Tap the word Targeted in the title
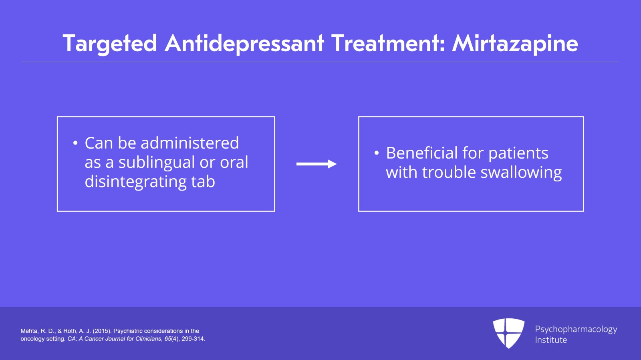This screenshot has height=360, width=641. tap(109, 43)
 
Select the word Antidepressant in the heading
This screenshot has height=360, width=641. tap(244, 43)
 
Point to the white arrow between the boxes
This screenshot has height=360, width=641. tap(316, 164)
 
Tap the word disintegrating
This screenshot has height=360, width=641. tap(135, 182)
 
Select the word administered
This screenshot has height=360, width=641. tap(189, 143)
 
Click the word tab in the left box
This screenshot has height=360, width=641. tap(203, 182)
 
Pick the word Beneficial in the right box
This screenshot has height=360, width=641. tap(421, 153)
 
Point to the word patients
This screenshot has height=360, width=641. tap(518, 153)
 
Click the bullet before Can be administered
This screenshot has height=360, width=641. tap(75, 143)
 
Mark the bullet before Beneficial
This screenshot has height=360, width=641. tap(376, 153)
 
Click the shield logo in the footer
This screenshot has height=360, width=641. tap(508, 333)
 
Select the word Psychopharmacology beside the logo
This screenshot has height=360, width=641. tap(576, 329)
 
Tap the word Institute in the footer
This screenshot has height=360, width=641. tap(551, 340)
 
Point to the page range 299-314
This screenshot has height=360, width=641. tap(193, 339)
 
